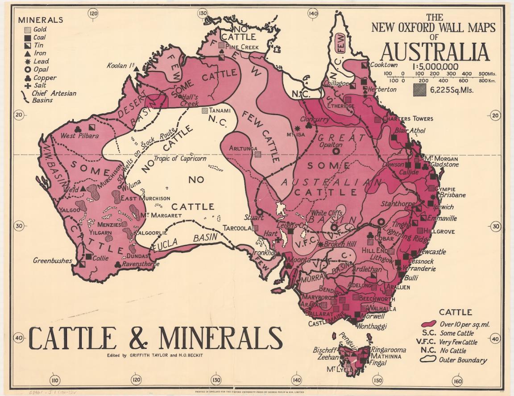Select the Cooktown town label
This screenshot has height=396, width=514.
click(x=383, y=65)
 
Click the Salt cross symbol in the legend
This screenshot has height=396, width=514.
click(x=28, y=86)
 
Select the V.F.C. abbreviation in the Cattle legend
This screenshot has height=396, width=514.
click(x=428, y=342)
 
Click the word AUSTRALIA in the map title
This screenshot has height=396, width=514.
click(x=435, y=52)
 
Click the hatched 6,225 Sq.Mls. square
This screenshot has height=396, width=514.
click(x=419, y=90)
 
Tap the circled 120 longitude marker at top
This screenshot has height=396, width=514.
click(x=94, y=13)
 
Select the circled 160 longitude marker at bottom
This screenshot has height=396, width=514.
click(x=457, y=381)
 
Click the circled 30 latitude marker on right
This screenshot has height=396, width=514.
click(x=496, y=227)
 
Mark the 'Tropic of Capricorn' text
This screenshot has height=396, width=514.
click(x=180, y=158)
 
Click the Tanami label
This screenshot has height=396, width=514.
click(x=220, y=111)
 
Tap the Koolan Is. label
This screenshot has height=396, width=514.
click(x=121, y=66)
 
